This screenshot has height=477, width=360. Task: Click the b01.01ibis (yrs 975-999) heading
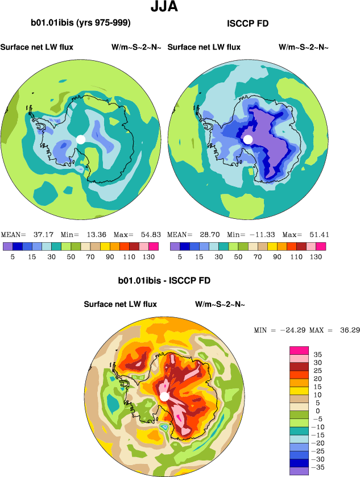pos(81,23)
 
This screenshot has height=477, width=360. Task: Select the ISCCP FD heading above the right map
pos(247,23)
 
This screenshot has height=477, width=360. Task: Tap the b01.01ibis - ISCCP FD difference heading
pos(164,281)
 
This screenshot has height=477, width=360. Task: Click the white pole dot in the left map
pos(81,139)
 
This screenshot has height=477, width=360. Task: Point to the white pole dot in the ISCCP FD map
pos(248,139)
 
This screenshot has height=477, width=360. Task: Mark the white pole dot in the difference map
pos(164,396)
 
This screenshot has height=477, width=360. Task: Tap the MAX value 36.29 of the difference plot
pos(347,330)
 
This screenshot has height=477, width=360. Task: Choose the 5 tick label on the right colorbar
pos(180,256)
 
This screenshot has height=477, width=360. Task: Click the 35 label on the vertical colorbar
pos(318,354)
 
